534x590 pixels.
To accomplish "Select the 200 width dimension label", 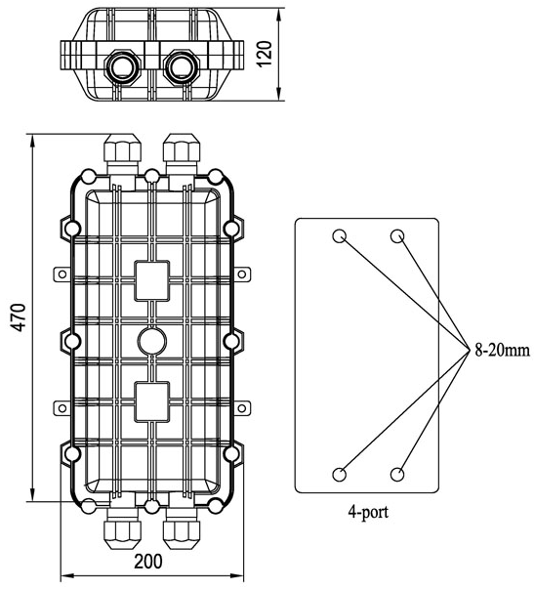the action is point(148,562).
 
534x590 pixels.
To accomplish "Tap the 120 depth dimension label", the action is point(265,54).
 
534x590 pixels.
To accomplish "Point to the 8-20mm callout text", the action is point(502,351).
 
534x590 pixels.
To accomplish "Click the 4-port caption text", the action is point(368,512).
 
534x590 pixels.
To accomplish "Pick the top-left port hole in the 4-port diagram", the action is point(339,236).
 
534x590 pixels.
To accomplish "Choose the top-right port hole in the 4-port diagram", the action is point(397,236).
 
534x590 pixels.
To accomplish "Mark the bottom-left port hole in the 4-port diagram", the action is point(339,474).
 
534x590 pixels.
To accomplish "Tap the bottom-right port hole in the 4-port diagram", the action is point(397,474).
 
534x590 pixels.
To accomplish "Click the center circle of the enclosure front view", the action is point(152,341).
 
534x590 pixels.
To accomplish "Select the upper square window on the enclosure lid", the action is point(152,280).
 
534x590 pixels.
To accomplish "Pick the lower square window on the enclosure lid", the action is point(152,401).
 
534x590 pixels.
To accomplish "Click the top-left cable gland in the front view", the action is point(122,153).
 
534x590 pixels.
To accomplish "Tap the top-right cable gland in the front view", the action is point(182,153).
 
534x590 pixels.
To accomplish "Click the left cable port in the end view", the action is point(122,66).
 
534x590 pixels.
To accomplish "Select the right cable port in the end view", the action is point(183,66).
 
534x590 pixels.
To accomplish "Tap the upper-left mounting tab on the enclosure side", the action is point(62,274).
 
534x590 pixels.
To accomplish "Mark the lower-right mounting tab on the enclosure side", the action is point(242,408).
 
